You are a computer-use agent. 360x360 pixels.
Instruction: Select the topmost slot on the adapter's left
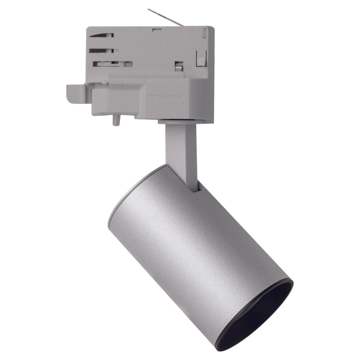[x=101, y=35]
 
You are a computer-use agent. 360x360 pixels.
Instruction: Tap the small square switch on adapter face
[x=178, y=66]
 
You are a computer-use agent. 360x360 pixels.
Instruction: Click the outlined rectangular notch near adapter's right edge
[x=201, y=58]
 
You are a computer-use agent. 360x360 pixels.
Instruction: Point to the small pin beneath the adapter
[x=116, y=121]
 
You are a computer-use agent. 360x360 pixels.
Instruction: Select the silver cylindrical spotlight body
[x=198, y=243]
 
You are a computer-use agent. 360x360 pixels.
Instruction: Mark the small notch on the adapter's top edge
[x=157, y=31]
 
